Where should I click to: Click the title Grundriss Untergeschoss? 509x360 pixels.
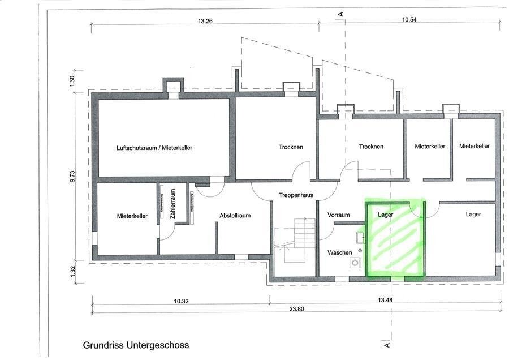136,345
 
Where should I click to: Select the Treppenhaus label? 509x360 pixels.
296,195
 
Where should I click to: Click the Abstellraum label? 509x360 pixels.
235,216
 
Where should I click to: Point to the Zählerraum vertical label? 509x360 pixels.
172,204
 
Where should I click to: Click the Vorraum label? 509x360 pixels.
339,215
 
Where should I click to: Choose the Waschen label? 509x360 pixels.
339,252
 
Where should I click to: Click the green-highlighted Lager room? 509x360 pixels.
395,241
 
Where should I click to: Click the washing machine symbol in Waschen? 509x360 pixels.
355,263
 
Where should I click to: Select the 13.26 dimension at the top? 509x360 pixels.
205,21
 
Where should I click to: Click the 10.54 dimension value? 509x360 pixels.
409,20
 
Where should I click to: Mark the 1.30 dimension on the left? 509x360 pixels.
72,80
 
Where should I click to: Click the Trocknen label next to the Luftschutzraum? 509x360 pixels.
291,147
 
